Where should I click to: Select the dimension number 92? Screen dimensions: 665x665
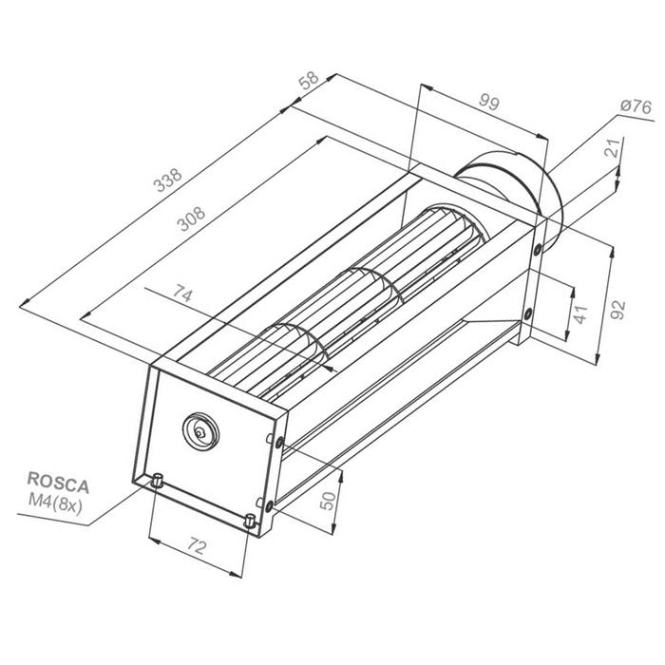618,309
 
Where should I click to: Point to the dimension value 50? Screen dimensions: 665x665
329,502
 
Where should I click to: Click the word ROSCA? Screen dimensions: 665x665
58,484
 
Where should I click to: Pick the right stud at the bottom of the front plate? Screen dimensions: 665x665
250,521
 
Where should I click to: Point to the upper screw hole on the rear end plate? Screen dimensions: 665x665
539,249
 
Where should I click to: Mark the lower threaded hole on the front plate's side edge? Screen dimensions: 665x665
271,503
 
